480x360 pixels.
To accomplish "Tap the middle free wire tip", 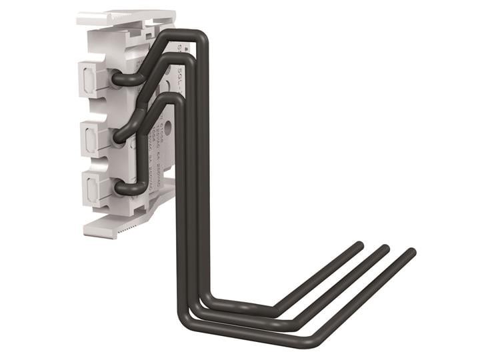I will (385, 249).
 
